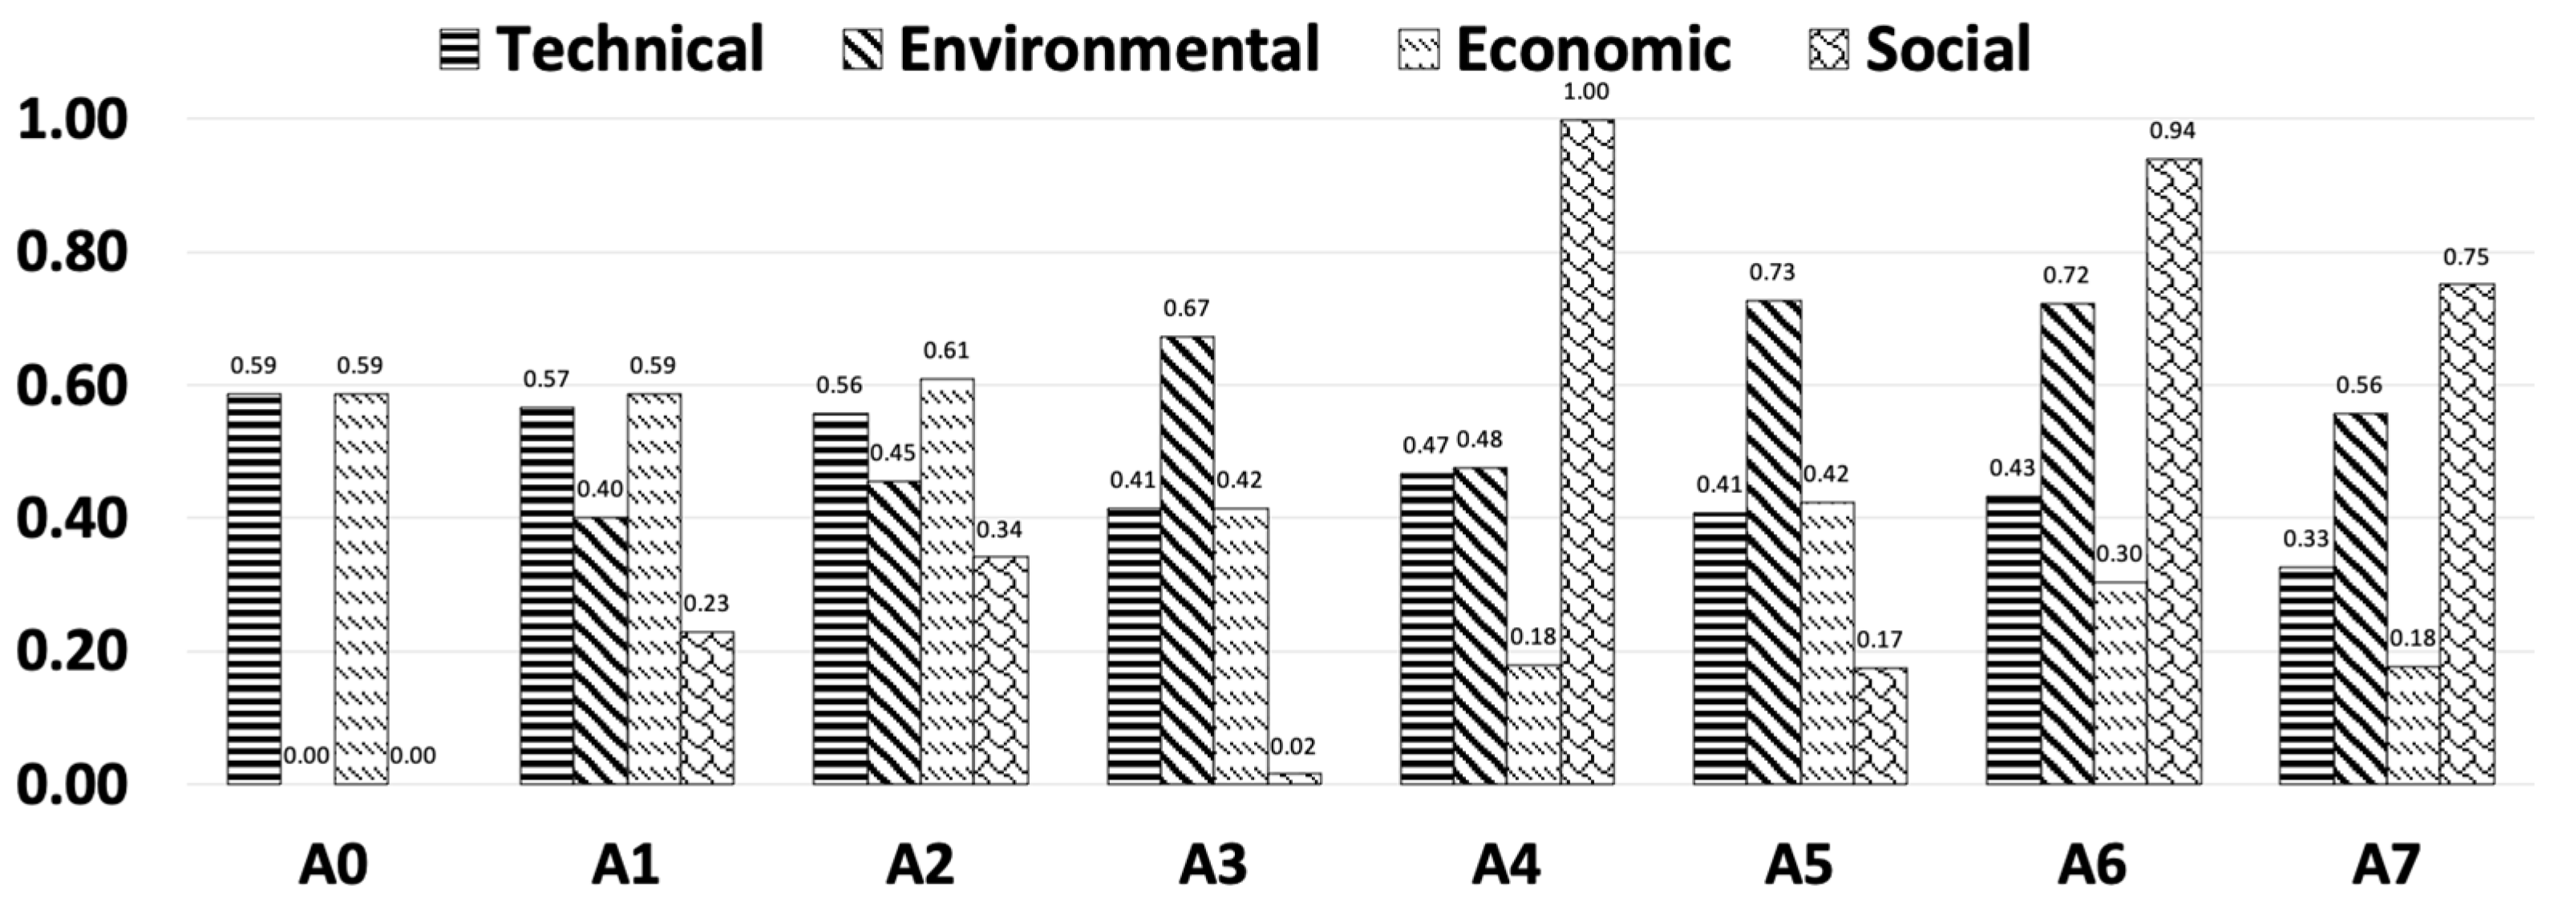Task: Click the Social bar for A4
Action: pyautogui.click(x=1586, y=451)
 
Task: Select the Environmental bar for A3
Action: pyautogui.click(x=1187, y=560)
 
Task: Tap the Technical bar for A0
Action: pyautogui.click(x=253, y=588)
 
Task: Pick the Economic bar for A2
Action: pyautogui.click(x=946, y=580)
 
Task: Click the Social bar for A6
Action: pyautogui.click(x=2173, y=471)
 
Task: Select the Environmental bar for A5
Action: pyautogui.click(x=1774, y=542)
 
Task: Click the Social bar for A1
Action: pyautogui.click(x=707, y=708)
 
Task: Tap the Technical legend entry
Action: pyautogui.click(x=601, y=49)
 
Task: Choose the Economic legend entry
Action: pyautogui.click(x=1564, y=49)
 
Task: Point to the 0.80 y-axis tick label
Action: pyautogui.click(x=72, y=252)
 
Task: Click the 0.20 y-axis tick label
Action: pyautogui.click(x=72, y=651)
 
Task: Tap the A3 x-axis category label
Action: pyautogui.click(x=1212, y=864)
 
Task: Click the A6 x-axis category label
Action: pyautogui.click(x=2091, y=864)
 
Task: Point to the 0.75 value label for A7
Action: pyautogui.click(x=2465, y=258)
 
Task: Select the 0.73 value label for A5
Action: pyautogui.click(x=1772, y=272)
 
